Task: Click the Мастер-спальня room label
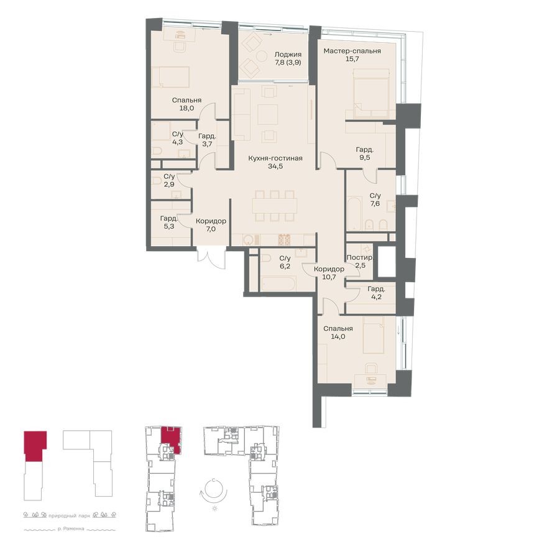click(352, 51)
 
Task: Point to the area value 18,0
click(187, 108)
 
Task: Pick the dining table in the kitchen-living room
click(274, 205)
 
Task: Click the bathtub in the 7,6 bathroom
click(354, 214)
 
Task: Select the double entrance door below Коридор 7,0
click(210, 257)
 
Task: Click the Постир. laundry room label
click(360, 257)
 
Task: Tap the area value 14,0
click(338, 336)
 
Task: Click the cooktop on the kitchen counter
click(284, 239)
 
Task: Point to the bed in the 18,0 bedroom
click(169, 77)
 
